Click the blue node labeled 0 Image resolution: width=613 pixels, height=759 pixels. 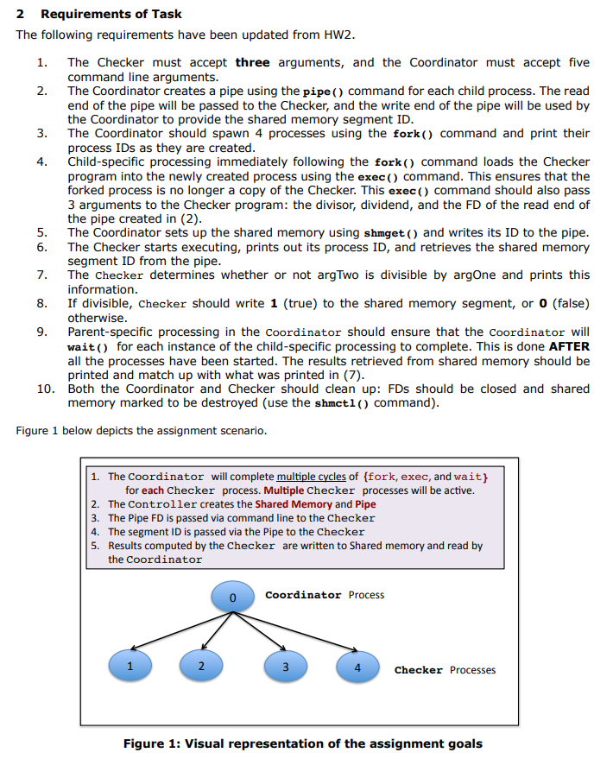tap(231, 596)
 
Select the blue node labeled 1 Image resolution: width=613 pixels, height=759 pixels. tap(130, 666)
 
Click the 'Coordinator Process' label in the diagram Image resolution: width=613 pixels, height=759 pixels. tap(325, 595)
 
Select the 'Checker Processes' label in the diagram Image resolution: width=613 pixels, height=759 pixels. tap(445, 670)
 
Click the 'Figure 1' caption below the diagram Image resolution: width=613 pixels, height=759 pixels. tap(302, 743)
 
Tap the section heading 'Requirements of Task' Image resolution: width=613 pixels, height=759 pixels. tap(111, 14)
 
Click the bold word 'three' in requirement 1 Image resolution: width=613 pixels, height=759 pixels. tap(252, 62)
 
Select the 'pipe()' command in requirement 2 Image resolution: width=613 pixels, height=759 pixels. tap(325, 92)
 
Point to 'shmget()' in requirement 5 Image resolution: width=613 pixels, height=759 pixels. tap(393, 233)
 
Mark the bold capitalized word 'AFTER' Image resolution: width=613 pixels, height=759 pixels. tap(569, 346)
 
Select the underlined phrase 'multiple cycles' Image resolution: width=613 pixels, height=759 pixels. tap(311, 477)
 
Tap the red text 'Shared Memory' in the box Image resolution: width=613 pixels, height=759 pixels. tap(293, 504)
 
